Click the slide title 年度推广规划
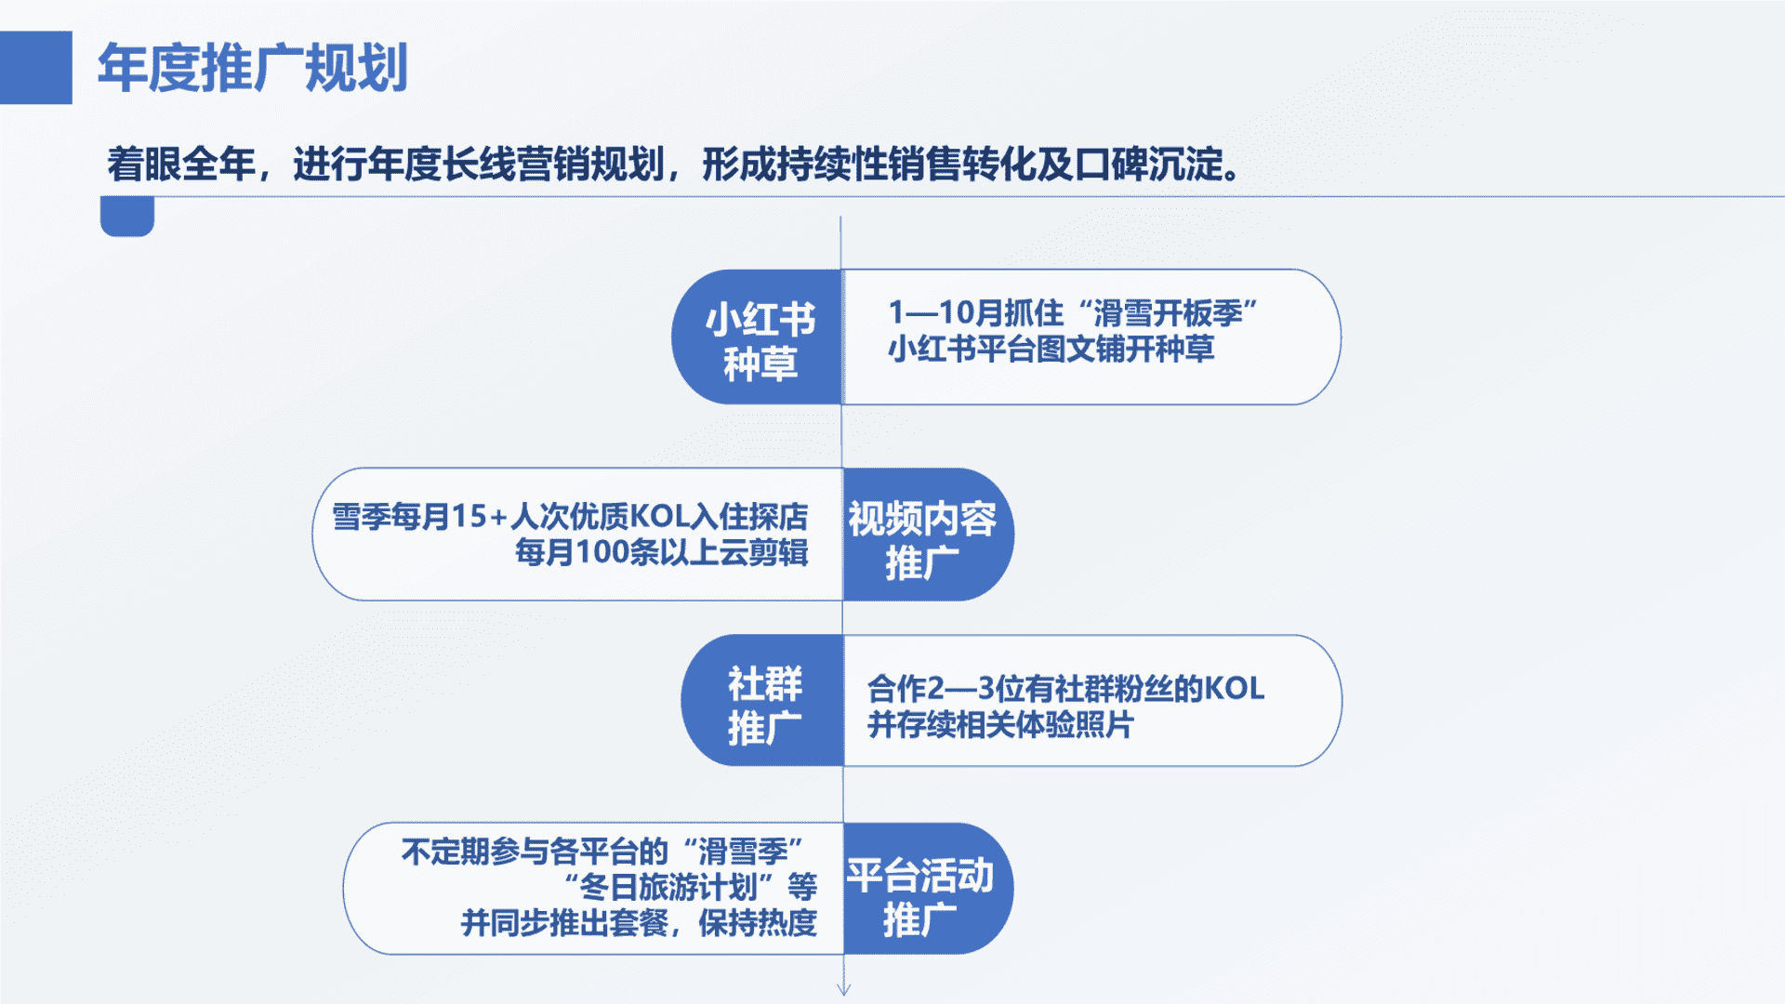253,68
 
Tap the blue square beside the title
36,68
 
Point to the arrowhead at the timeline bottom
843,989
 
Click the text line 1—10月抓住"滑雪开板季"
1073,312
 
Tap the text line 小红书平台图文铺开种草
1051,350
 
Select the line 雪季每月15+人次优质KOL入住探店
570,516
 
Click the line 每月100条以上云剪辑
662,552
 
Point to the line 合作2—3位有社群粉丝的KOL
1066,689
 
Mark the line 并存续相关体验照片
1000,725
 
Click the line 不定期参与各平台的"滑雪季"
602,852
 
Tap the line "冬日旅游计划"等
692,887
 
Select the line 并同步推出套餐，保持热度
640,923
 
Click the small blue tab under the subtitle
127,217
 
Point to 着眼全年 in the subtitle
181,165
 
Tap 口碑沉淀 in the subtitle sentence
1148,165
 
